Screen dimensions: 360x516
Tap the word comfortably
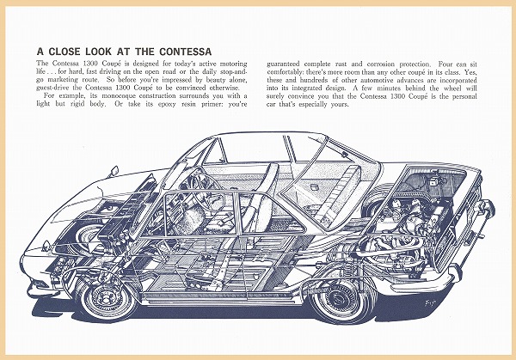[x=291, y=74]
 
